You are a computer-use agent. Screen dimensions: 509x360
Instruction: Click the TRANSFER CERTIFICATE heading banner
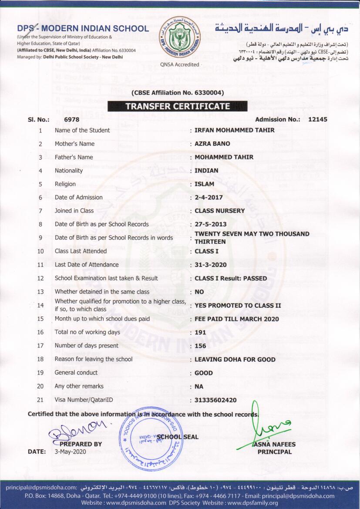[177, 106]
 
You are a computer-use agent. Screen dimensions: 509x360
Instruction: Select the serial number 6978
[71, 119]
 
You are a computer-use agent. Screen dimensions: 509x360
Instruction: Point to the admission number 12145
[317, 119]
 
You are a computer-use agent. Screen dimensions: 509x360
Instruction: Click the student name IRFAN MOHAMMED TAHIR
[234, 130]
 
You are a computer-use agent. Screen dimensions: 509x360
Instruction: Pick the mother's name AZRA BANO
[212, 144]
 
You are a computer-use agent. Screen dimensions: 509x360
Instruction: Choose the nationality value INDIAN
[206, 171]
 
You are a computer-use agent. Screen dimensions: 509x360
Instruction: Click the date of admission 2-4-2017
[209, 197]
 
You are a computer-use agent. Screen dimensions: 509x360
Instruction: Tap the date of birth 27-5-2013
[210, 224]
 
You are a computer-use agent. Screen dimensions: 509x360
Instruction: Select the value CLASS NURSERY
[219, 211]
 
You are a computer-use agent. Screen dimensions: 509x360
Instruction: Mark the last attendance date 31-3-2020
[210, 265]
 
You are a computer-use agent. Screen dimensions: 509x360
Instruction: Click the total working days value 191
[200, 332]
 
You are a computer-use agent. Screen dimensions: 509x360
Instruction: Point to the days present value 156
[200, 346]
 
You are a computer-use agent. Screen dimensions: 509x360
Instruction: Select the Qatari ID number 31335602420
[215, 400]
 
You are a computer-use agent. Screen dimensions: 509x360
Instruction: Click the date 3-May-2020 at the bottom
[70, 452]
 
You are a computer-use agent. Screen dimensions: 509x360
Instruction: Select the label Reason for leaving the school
[93, 359]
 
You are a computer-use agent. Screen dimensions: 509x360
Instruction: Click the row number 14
[40, 305]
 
